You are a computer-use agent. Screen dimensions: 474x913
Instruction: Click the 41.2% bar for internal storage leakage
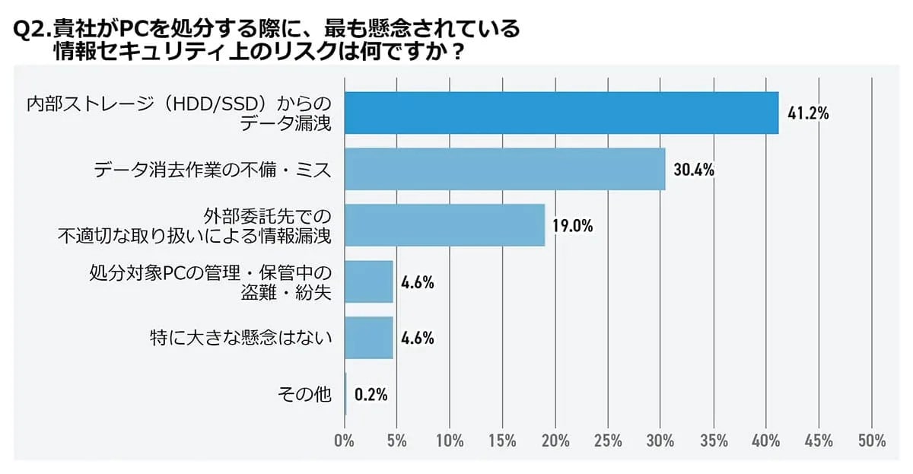pyautogui.click(x=561, y=113)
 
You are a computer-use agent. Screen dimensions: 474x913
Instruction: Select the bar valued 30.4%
pyautogui.click(x=505, y=169)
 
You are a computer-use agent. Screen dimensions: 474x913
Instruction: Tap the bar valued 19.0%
pyautogui.click(x=445, y=225)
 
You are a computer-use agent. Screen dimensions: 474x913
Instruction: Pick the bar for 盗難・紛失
pyautogui.click(x=369, y=282)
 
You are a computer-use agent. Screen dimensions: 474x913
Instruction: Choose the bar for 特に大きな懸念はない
pyautogui.click(x=369, y=338)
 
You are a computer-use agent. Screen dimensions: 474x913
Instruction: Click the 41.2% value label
pyautogui.click(x=808, y=114)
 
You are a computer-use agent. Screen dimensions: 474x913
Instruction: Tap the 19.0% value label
pyautogui.click(x=572, y=227)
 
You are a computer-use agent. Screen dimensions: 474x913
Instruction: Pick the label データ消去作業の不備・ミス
pyautogui.click(x=213, y=170)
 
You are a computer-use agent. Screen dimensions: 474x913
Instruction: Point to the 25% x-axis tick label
pyautogui.click(x=608, y=441)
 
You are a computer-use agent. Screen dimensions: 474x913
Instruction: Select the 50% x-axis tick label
pyautogui.click(x=871, y=441)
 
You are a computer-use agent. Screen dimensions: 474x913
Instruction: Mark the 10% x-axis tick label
pyautogui.click(x=450, y=441)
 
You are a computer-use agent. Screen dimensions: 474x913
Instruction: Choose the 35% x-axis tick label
pyautogui.click(x=713, y=441)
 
